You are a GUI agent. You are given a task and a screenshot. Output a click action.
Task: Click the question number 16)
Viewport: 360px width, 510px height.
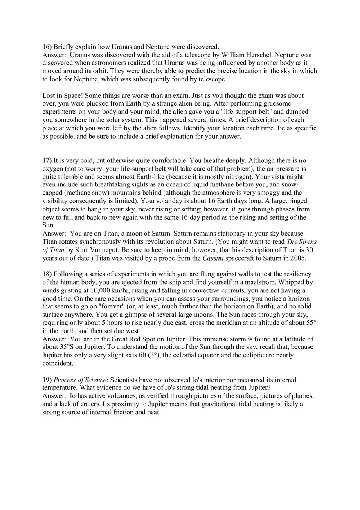[x=47, y=47]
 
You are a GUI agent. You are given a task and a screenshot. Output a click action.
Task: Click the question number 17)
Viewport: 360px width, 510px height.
[x=47, y=160]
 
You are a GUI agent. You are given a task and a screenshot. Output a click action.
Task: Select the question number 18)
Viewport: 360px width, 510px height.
[x=47, y=274]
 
